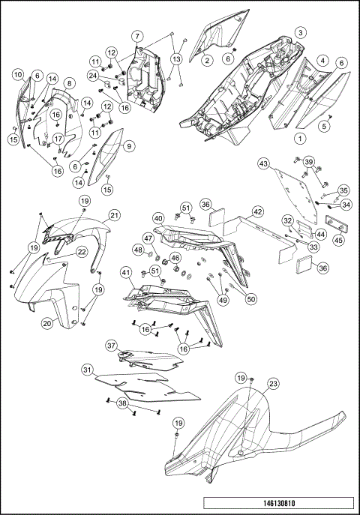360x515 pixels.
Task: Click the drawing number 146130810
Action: (x=278, y=503)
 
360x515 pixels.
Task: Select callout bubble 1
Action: (x=300, y=138)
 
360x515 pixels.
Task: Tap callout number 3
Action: (x=300, y=32)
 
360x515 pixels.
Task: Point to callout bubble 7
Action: (x=137, y=35)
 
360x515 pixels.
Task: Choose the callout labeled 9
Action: (x=129, y=146)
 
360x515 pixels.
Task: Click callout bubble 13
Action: (x=176, y=59)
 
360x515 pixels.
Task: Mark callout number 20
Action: (x=47, y=323)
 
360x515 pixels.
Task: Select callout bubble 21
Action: (x=114, y=215)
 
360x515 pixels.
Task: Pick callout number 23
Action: (x=273, y=384)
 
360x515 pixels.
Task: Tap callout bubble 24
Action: (x=94, y=76)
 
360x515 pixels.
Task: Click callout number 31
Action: (x=87, y=370)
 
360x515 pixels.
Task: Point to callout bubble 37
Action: (x=111, y=346)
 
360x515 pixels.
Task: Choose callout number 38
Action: (x=122, y=403)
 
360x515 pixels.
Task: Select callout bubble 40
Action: (x=159, y=218)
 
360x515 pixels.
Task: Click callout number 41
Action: (x=125, y=272)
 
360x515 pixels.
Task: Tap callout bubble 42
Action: (x=257, y=212)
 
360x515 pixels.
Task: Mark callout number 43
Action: (x=263, y=163)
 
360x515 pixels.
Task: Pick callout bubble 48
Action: (x=139, y=250)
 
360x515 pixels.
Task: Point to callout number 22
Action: (x=82, y=252)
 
